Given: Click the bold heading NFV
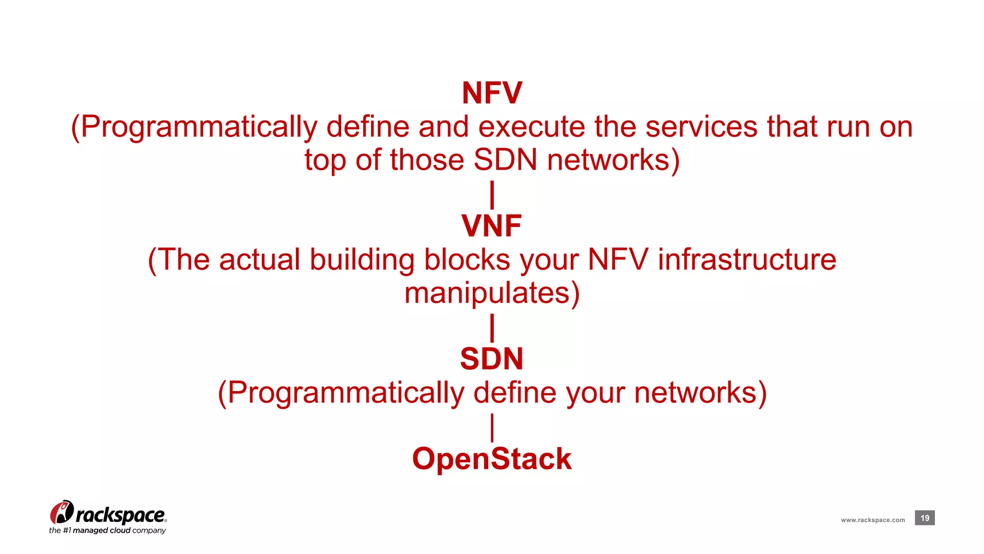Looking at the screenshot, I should pos(492,93).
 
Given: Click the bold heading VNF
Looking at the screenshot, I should pos(492,226).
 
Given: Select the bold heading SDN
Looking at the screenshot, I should pos(492,359).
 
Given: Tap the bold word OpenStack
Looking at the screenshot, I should pos(492,459).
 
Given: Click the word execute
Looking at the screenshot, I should pos(531,127).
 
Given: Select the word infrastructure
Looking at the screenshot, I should pos(747,260).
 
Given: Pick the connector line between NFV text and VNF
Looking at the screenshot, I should pos(492,195).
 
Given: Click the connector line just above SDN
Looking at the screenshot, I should pos(492,328).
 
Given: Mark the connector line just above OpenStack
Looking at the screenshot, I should pos(492,428).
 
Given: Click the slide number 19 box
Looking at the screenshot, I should pos(924,518).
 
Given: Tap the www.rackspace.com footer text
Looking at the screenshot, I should pos(873,520).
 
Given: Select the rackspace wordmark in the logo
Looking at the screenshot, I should pos(120,515).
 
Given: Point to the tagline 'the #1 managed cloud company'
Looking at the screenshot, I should pos(107,530).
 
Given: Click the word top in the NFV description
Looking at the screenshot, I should pos(325,161).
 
